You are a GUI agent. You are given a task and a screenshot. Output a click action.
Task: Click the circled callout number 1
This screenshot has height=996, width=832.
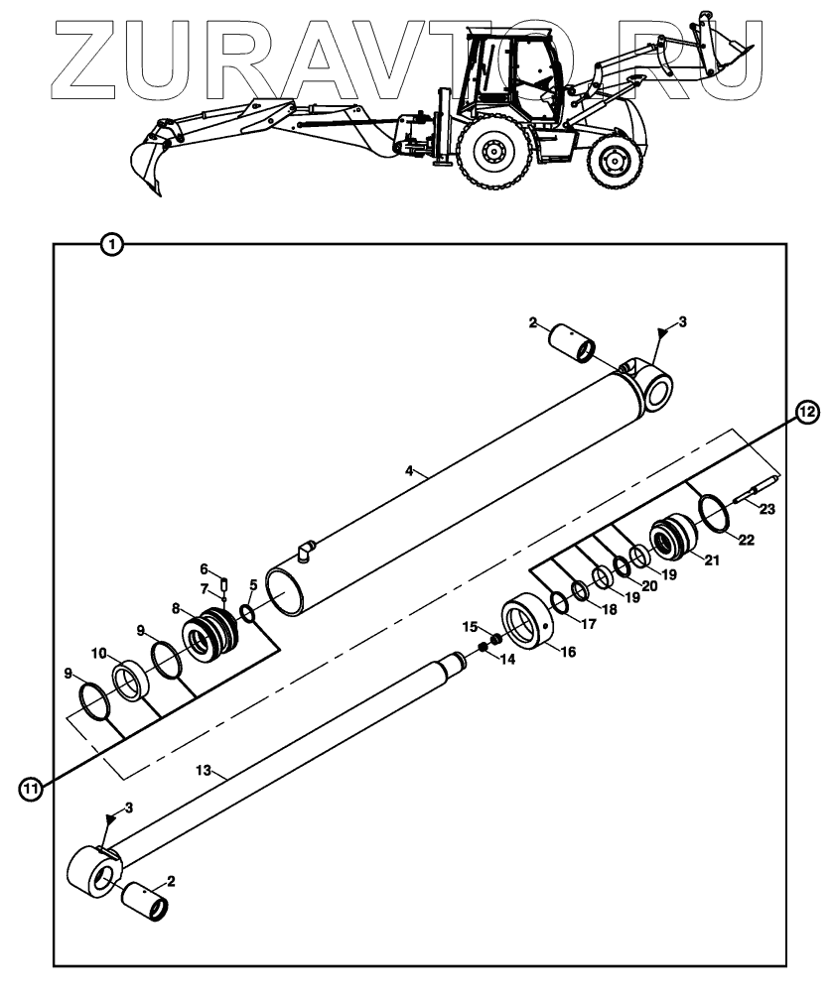(x=112, y=243)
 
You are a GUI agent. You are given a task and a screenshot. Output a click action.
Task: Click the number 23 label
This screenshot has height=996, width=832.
(x=766, y=509)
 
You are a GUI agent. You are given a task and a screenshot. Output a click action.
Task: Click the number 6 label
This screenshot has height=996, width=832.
(x=204, y=569)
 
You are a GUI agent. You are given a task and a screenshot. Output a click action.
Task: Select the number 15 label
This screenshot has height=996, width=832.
(x=471, y=626)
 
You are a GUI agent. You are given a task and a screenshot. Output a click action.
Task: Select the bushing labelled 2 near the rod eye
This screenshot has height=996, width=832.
(x=145, y=903)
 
